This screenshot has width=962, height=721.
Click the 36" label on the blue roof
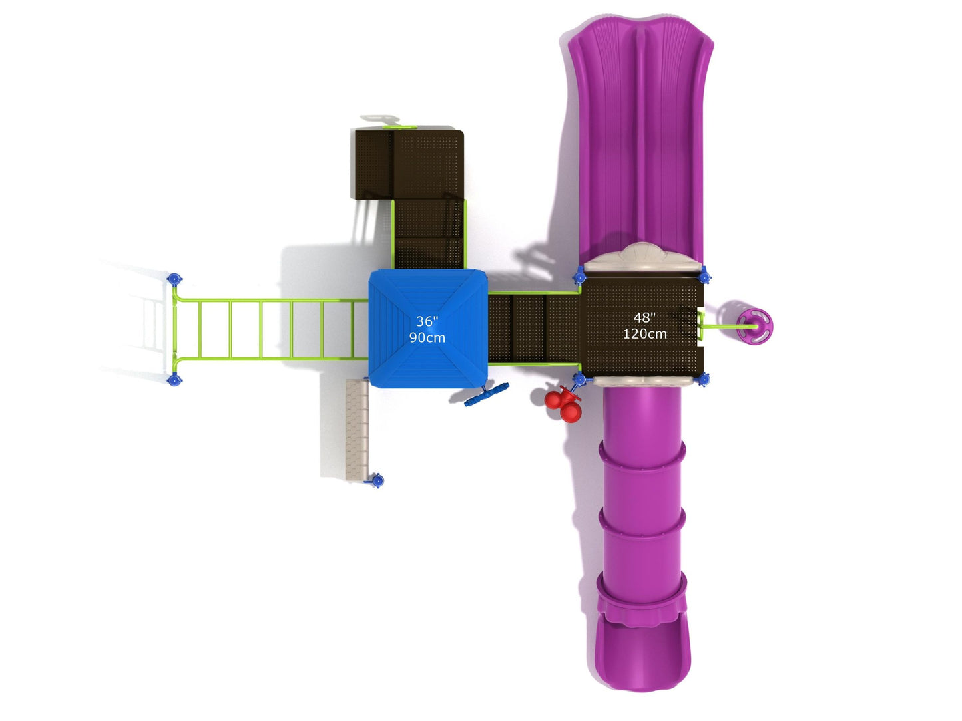coord(427,321)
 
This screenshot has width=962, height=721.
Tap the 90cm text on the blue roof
coord(427,337)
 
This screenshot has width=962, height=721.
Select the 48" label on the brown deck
coord(644,317)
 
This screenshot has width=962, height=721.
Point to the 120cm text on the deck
coord(644,334)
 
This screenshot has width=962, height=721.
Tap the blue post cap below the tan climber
coord(376,480)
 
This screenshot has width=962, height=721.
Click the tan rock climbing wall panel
coord(357,430)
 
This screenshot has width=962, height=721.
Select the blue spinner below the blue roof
coord(487,394)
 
